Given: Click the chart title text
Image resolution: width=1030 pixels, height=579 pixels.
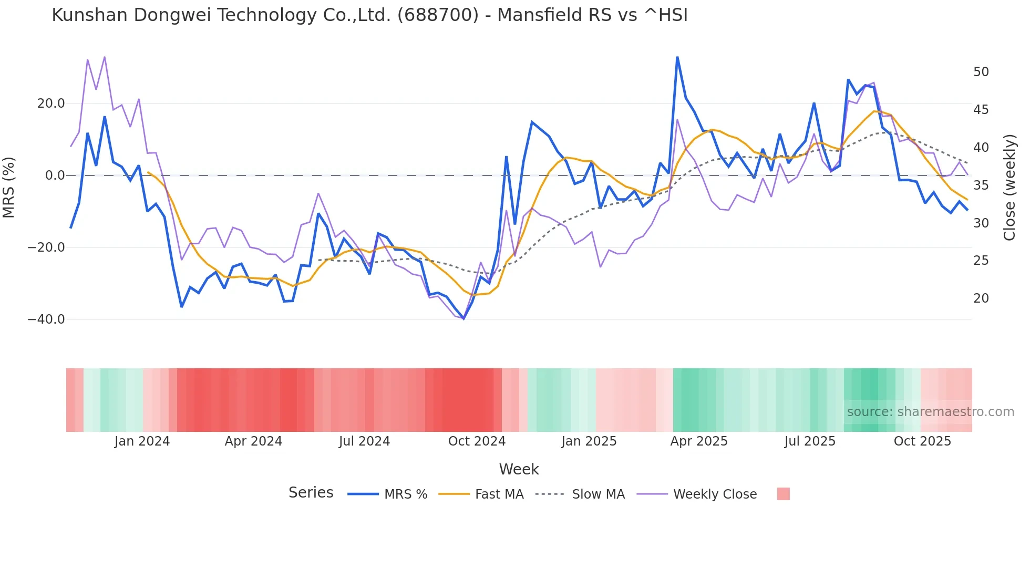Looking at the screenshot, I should point(369,15).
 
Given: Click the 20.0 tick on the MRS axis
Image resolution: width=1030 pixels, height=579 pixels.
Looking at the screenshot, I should point(51,104).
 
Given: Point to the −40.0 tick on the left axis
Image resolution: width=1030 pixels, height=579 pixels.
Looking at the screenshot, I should point(46,319).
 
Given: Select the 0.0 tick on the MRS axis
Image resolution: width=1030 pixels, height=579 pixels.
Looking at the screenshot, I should point(55,175).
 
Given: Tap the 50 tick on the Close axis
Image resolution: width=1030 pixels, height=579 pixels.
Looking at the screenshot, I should point(981,72).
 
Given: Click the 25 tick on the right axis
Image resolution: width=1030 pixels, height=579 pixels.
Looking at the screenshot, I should point(981,261).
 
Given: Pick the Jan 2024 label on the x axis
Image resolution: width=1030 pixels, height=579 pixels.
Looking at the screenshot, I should point(142,441).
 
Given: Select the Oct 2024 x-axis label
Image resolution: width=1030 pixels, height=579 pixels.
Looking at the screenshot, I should point(477,441).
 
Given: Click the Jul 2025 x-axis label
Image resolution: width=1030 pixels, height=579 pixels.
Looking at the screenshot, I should point(810,441).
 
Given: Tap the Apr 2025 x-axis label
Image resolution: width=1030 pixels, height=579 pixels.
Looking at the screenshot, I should point(699,441).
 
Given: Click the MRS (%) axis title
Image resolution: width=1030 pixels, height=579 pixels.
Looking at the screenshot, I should point(9,187).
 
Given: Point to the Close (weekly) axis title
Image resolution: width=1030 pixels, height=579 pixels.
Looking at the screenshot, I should point(1010,188).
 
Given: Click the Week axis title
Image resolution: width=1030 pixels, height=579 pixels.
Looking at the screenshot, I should point(519,469).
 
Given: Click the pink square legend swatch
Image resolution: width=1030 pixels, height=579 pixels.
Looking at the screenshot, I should point(783,494).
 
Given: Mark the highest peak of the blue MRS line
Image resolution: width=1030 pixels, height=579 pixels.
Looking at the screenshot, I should point(677,57).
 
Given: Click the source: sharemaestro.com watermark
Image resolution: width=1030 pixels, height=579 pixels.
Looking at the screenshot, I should point(930,412).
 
